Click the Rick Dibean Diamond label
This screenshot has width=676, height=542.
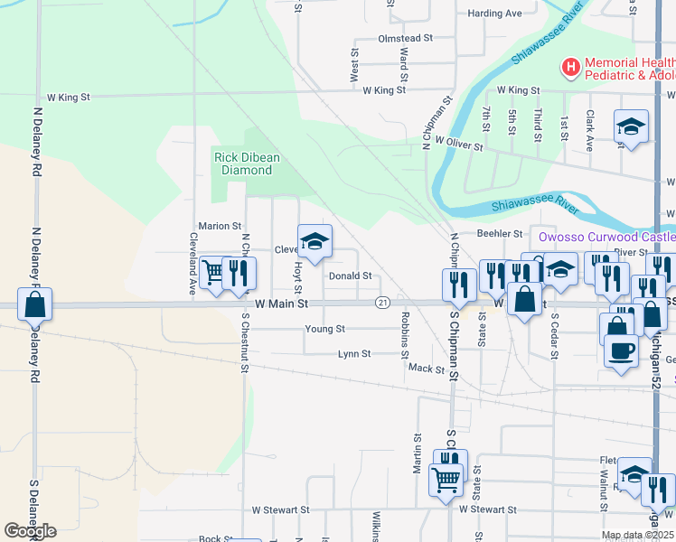point(247,164)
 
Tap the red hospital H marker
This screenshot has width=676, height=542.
point(570,67)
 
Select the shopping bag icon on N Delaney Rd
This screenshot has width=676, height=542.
point(34,305)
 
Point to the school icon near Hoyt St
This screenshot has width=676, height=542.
point(315,241)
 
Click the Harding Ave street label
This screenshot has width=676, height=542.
point(495,14)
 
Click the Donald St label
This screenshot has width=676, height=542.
point(351,276)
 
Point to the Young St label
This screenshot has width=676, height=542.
point(325,329)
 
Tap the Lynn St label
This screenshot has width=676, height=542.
point(353,354)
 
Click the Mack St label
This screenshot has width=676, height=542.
point(427,369)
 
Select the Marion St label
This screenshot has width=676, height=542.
point(220,226)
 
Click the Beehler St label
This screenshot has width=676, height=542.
point(500,233)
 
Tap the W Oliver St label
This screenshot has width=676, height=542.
point(459,142)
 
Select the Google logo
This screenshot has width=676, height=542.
point(30,531)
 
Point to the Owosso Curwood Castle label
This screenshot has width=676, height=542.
point(606,237)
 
